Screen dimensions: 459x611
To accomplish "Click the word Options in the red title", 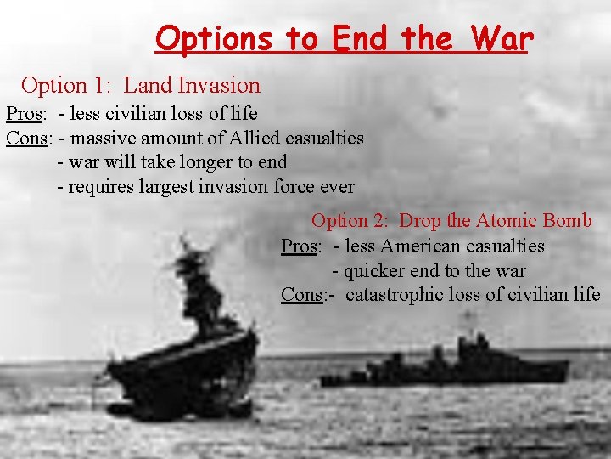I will point(213,38).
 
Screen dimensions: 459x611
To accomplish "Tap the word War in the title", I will point(497,38).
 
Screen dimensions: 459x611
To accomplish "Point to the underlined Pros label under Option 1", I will point(25,113).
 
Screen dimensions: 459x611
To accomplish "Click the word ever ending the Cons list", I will point(337,186).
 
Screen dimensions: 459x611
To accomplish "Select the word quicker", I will point(377,271).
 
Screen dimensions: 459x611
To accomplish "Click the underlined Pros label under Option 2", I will point(300,246).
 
